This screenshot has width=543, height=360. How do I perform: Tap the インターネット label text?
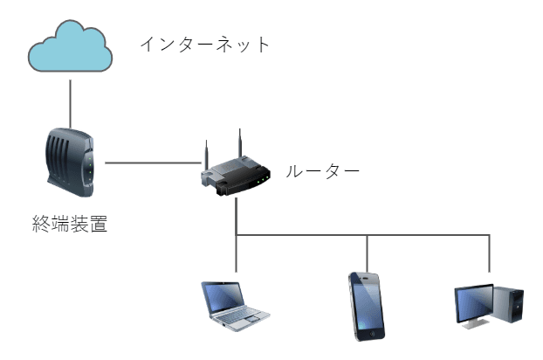206,45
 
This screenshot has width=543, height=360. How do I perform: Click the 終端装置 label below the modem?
69,225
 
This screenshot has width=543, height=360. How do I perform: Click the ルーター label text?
324,171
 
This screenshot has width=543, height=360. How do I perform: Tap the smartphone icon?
367,305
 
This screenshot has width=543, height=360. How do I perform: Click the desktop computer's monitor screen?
472,304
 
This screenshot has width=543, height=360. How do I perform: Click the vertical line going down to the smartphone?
368,253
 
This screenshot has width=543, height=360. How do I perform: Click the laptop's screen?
224,296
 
